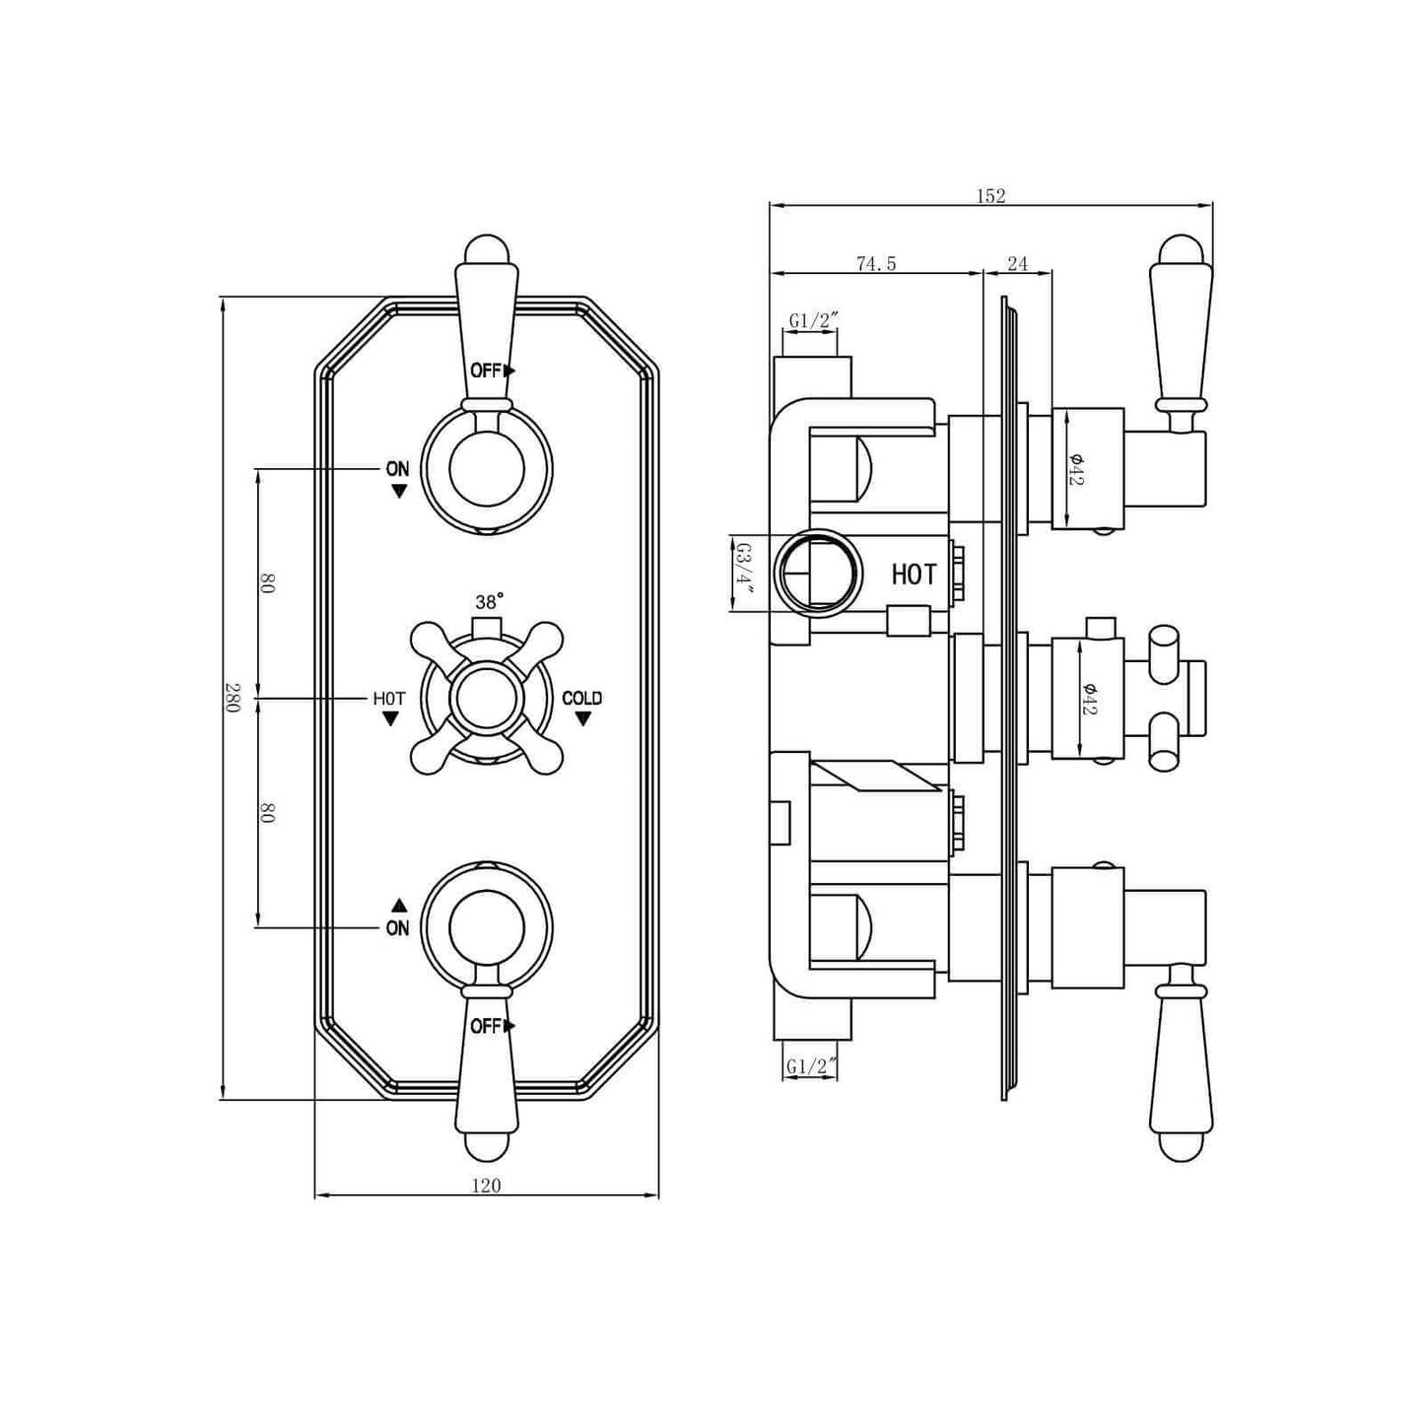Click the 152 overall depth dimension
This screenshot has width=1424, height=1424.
[990, 196]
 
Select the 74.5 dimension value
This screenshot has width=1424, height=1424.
[876, 263]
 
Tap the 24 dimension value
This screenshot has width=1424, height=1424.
[1018, 263]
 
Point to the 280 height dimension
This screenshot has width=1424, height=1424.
[233, 698]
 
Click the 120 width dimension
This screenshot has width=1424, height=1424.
[486, 1186]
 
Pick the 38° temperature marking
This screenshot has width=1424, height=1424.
[489, 601]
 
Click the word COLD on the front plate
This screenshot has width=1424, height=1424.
[581, 698]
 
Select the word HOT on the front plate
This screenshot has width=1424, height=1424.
[389, 698]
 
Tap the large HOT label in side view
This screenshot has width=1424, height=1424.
[914, 575]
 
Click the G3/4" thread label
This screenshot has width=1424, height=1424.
[744, 574]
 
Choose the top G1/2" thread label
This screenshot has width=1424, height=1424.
[812, 320]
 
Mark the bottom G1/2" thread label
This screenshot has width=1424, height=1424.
[812, 1065]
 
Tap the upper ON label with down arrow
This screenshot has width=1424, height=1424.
[397, 469]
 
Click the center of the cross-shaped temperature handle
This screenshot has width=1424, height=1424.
[487, 699]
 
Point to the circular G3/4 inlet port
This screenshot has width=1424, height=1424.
[818, 573]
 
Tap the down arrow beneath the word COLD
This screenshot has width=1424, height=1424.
[582, 719]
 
